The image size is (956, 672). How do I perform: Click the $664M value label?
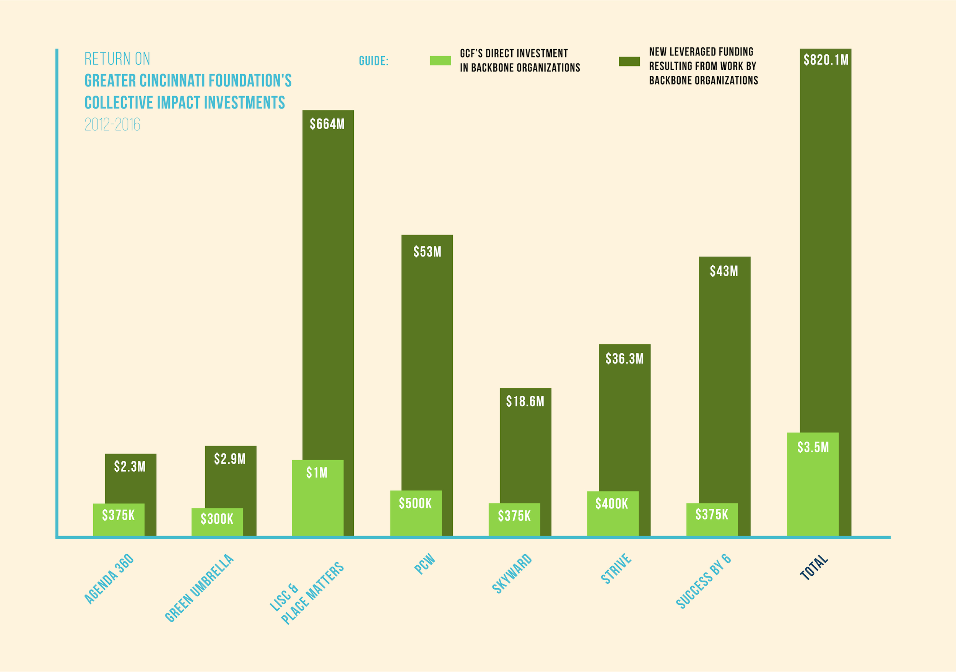click(x=327, y=124)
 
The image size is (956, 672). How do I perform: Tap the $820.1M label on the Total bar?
click(x=826, y=60)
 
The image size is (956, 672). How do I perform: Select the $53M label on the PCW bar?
click(x=427, y=252)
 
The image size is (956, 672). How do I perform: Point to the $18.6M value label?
click(x=525, y=401)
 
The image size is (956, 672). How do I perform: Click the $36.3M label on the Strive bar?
click(x=624, y=359)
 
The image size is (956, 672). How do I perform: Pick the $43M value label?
click(x=724, y=271)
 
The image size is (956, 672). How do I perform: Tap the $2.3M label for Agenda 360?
click(x=130, y=466)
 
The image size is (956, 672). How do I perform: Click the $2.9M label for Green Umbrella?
click(x=230, y=459)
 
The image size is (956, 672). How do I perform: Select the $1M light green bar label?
click(x=317, y=473)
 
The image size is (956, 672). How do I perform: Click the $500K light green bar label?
click(x=416, y=503)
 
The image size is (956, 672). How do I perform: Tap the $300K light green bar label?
click(x=217, y=519)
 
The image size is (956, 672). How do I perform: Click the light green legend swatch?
click(x=440, y=61)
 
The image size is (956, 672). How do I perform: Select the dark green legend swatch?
click(x=629, y=62)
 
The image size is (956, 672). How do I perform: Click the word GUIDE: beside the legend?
click(x=374, y=61)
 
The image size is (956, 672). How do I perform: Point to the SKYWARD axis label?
click(x=512, y=573)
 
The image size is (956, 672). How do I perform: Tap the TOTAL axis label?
click(x=814, y=567)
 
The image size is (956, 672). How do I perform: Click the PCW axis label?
click(x=425, y=564)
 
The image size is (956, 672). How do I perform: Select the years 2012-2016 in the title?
click(x=112, y=124)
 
